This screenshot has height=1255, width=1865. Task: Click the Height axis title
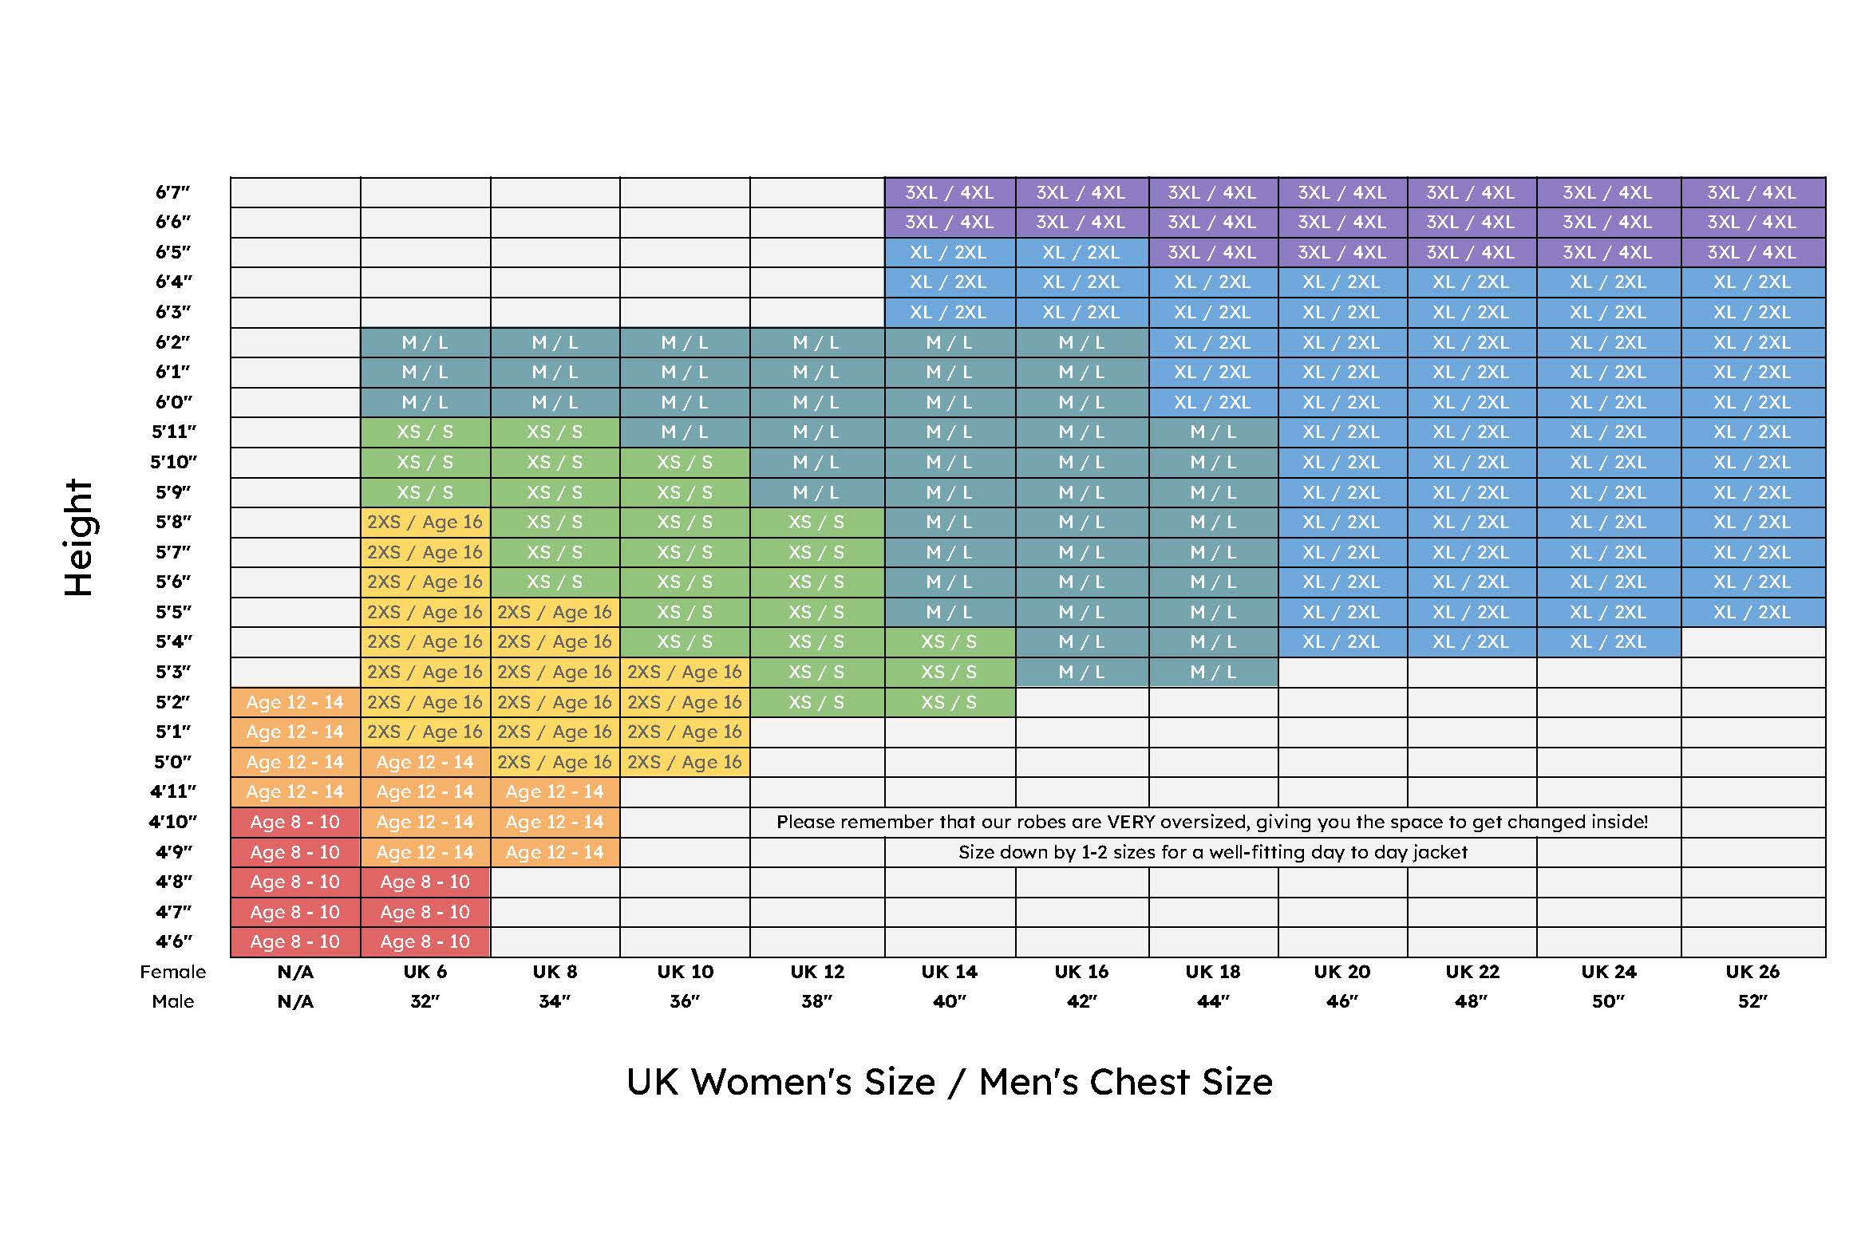point(78,538)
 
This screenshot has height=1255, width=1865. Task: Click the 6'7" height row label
point(173,192)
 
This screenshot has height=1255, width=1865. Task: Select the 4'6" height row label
point(173,941)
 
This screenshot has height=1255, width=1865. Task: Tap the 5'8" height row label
point(173,522)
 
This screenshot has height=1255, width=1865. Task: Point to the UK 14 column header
point(950,972)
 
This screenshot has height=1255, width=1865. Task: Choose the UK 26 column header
point(1752,972)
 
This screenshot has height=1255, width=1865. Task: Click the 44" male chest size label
point(1213,1001)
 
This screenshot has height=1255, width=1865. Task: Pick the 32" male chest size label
point(425,1001)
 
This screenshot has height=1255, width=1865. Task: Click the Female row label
point(173,972)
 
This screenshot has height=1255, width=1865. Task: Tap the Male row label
point(173,1001)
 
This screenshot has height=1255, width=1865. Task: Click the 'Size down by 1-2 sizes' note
point(1213,852)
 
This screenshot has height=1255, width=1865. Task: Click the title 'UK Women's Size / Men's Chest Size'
point(950,1082)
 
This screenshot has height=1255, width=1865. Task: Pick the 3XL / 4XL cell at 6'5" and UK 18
point(1213,252)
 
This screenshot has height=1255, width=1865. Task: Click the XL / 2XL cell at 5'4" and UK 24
point(1608,642)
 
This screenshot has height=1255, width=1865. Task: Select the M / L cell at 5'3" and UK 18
point(1213,673)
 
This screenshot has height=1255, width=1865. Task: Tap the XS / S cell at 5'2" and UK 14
point(950,702)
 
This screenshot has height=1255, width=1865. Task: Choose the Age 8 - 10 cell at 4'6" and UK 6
point(425,941)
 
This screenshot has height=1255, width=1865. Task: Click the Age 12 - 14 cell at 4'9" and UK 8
point(555,852)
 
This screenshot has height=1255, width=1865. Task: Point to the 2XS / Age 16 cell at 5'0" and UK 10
point(686,762)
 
